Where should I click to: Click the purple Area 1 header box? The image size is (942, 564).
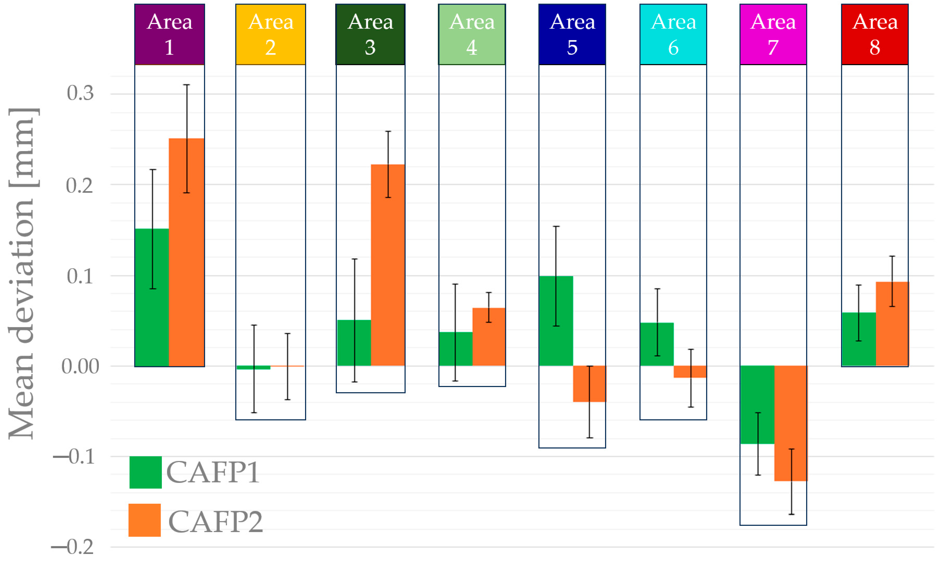(170, 34)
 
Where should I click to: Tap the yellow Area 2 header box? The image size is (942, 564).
(270, 34)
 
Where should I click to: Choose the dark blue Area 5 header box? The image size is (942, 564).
(572, 34)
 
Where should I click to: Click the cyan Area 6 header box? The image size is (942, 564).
(673, 34)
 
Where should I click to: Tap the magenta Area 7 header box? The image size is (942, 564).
(773, 34)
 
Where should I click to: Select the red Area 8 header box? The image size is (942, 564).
(875, 34)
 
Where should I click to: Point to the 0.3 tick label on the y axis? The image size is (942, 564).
(80, 93)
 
